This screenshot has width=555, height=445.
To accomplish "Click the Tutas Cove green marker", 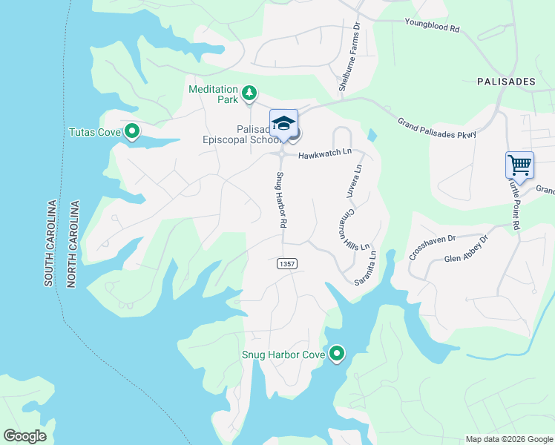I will (x=132, y=132).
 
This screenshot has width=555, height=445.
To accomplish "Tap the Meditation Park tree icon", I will (x=251, y=93).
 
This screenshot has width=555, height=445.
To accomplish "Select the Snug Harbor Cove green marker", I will (x=337, y=355).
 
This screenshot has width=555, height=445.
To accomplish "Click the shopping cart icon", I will (x=519, y=164).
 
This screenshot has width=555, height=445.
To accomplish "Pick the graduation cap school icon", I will (x=283, y=122).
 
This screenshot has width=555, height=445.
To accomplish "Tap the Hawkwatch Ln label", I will (x=325, y=154).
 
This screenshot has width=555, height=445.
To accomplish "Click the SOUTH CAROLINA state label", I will (x=50, y=243).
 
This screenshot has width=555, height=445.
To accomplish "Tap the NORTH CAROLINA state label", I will (x=73, y=243).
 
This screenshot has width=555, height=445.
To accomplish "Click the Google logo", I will (x=24, y=436).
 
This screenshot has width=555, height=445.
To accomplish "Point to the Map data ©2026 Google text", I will (x=508, y=439).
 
